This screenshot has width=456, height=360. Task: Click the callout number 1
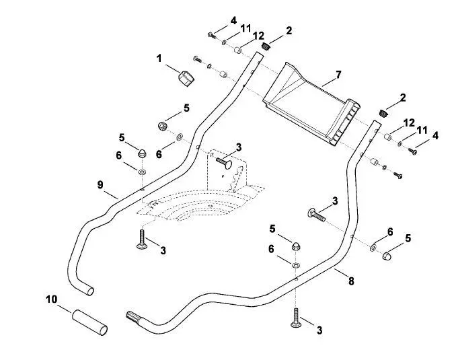(159, 59)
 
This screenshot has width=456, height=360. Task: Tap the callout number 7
(338, 75)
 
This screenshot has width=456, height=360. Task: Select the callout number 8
(351, 281)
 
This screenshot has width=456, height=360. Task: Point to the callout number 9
(100, 185)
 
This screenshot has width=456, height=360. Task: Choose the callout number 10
(52, 299)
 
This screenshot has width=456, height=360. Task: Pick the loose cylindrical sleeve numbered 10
(90, 322)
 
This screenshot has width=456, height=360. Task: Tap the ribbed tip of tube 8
(132, 316)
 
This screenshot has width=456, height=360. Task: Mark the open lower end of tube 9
(89, 291)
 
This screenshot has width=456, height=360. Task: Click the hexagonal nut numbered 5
(162, 127)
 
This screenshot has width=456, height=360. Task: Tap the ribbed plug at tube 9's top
(266, 46)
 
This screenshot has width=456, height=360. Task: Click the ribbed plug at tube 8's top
(384, 113)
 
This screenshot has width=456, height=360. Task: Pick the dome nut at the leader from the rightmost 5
(385, 255)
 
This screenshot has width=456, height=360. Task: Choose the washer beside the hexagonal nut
(180, 136)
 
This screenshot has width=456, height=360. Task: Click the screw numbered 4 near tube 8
(412, 151)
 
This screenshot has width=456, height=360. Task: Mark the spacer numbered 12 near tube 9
(238, 50)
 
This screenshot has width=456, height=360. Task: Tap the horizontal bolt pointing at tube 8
(316, 215)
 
